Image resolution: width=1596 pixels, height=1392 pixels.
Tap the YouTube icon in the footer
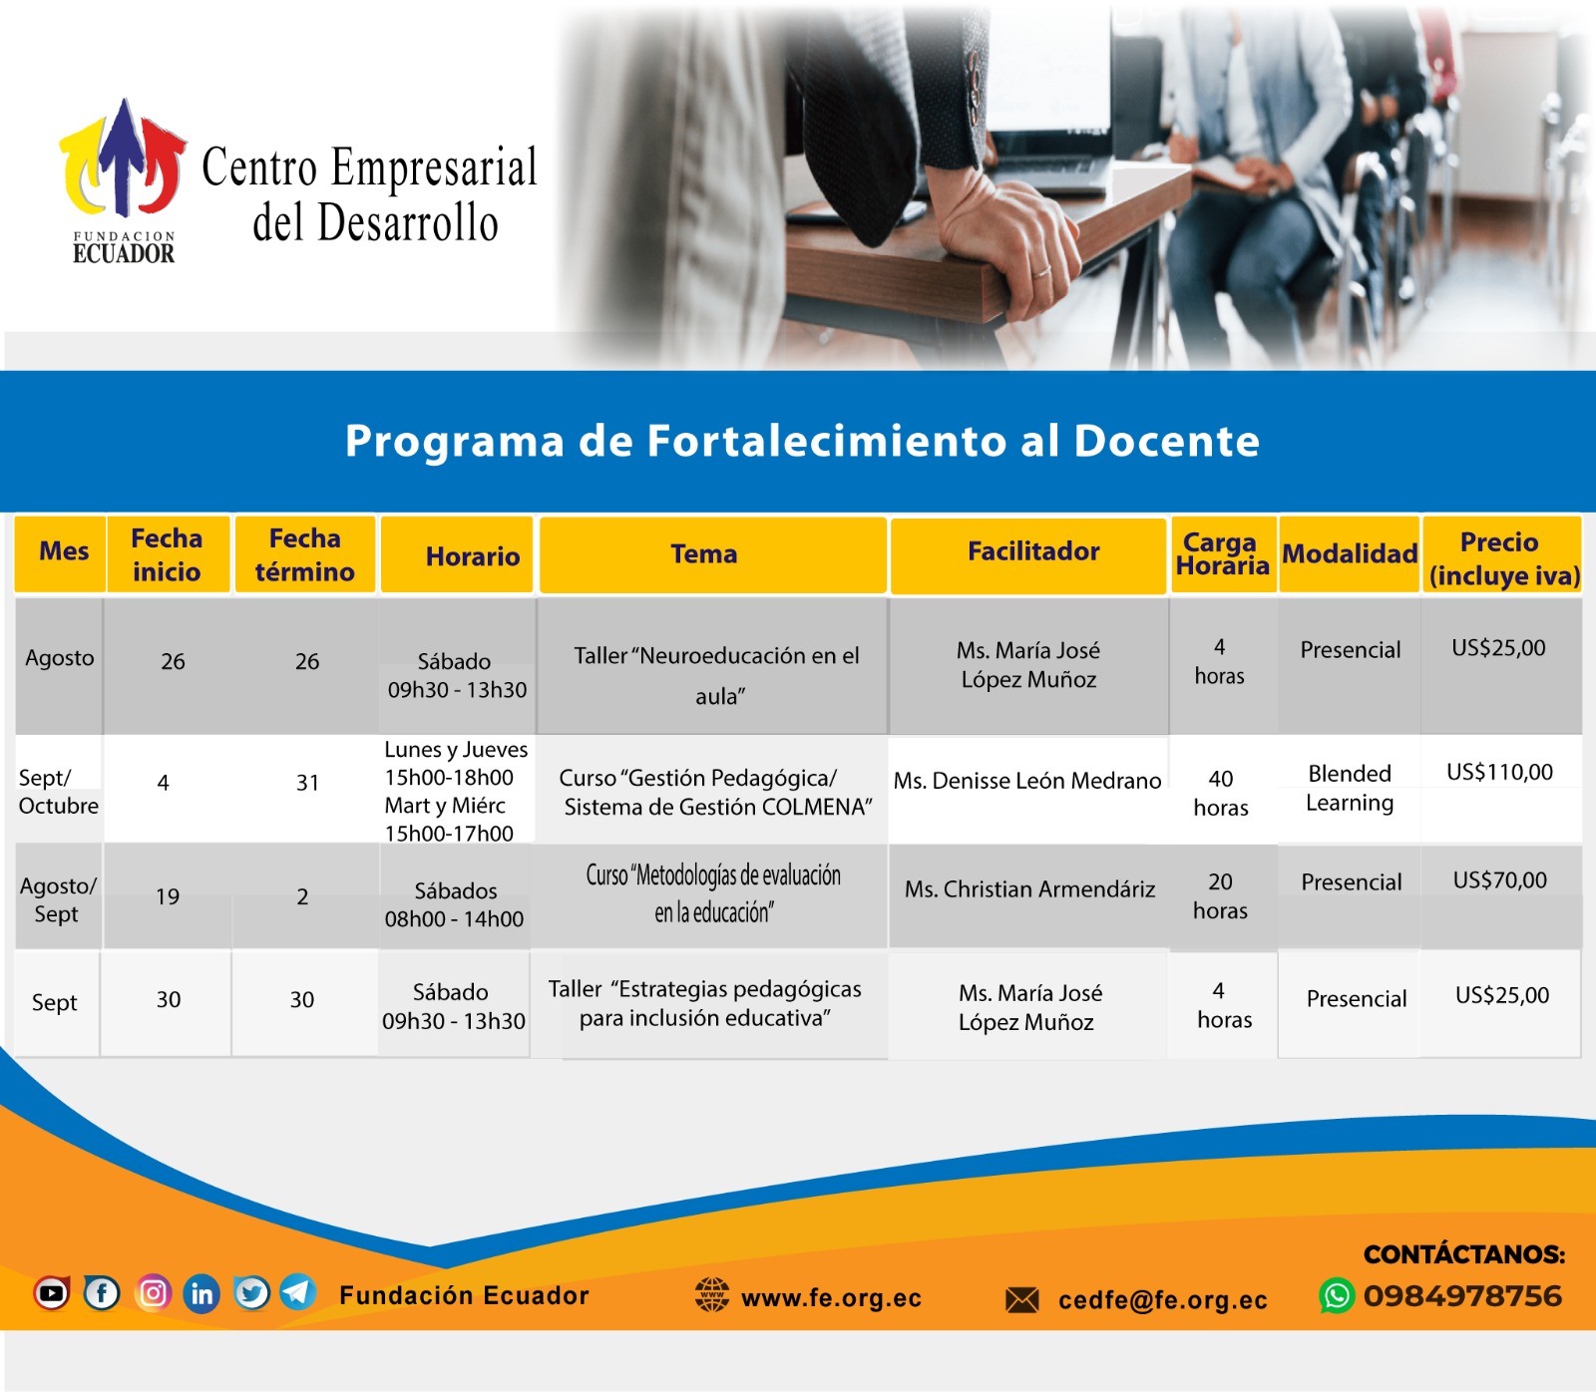[x=52, y=1293]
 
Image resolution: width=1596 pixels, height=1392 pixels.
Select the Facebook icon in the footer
[x=102, y=1293]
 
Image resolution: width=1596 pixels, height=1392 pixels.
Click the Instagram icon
[x=153, y=1293]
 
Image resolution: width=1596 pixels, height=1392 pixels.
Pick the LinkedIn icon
[x=201, y=1294]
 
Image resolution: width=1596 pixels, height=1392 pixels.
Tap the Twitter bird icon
[x=251, y=1293]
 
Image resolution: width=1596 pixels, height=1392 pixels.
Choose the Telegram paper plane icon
[x=297, y=1292]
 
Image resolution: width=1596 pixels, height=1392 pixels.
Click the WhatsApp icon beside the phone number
[x=1337, y=1296]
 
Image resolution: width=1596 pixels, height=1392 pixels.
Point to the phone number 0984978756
[x=1462, y=1296]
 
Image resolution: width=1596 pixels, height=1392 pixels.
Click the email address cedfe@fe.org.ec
[x=1163, y=1300]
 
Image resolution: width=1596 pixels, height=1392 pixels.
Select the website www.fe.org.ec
[x=831, y=1298]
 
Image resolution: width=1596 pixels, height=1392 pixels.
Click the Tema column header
[x=703, y=554]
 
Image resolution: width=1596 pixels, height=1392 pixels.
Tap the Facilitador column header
[x=1033, y=551]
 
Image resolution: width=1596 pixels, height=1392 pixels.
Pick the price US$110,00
[x=1499, y=772]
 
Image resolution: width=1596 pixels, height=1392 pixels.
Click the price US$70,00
[x=1500, y=880]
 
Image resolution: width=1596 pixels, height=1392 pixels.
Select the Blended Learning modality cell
[x=1350, y=788]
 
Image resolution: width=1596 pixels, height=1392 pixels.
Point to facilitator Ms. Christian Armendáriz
[x=1029, y=889]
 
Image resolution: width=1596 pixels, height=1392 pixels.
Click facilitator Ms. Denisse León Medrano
[x=1027, y=781]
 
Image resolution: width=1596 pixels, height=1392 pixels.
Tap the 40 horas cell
[x=1221, y=793]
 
